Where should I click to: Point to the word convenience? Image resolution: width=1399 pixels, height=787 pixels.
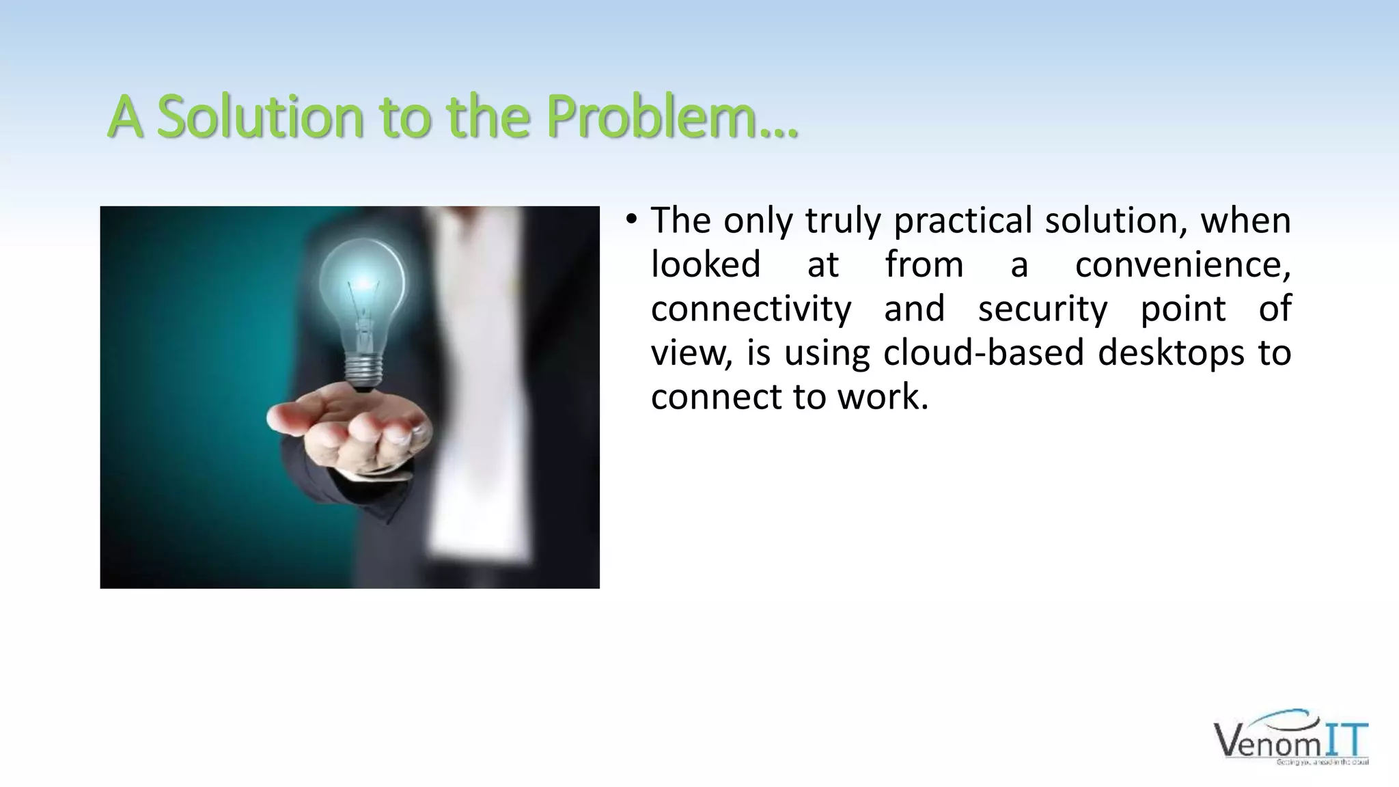click(x=1182, y=265)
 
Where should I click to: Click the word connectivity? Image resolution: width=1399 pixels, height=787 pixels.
click(x=751, y=309)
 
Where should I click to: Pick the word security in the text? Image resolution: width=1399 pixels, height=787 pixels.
click(x=1042, y=309)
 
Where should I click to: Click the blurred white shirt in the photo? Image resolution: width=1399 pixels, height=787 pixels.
click(x=471, y=383)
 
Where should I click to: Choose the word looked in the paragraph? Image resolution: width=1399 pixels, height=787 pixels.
click(x=705, y=265)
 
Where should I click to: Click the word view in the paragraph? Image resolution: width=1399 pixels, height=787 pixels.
click(x=690, y=353)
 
